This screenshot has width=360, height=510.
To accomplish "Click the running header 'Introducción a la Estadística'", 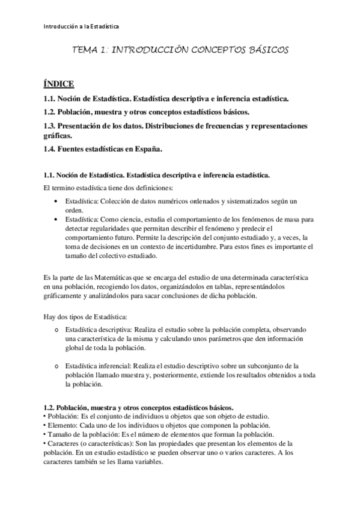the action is tap(82, 26).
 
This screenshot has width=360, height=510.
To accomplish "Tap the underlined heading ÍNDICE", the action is tap(59, 84).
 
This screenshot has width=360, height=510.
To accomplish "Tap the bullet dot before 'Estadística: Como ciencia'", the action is tap(56, 220).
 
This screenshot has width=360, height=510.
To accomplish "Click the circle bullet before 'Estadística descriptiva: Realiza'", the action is tap(56, 330).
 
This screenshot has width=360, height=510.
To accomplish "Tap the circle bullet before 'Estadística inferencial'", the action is tap(56, 366).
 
